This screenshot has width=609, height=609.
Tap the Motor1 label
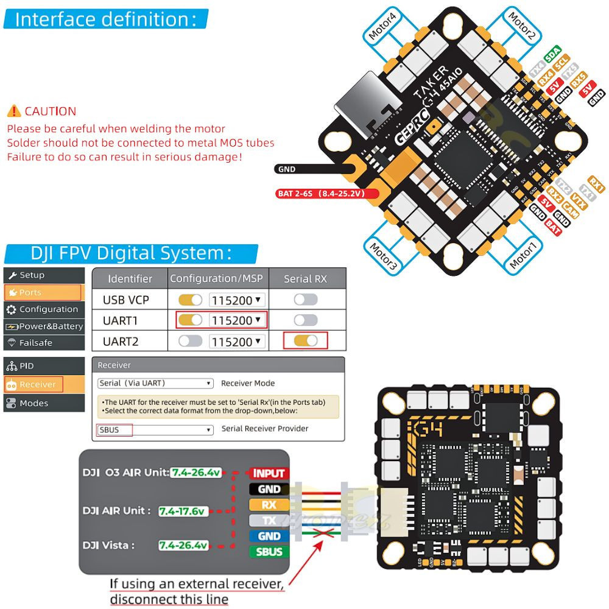tap(523, 256)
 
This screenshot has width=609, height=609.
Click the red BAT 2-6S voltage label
tap(327, 194)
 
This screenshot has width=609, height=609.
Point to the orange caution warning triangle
tap(13, 111)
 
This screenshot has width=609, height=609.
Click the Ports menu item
tap(43, 292)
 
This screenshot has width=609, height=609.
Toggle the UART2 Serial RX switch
tap(306, 341)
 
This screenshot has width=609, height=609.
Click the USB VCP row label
tap(126, 300)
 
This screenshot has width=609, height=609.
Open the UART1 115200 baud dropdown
tap(237, 320)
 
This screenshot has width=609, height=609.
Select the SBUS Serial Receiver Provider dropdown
tap(155, 430)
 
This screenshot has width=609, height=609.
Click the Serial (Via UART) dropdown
tap(155, 384)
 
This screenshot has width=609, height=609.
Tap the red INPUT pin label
tap(269, 473)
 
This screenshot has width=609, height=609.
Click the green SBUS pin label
tap(269, 552)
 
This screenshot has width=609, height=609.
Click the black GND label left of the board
tap(286, 169)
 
